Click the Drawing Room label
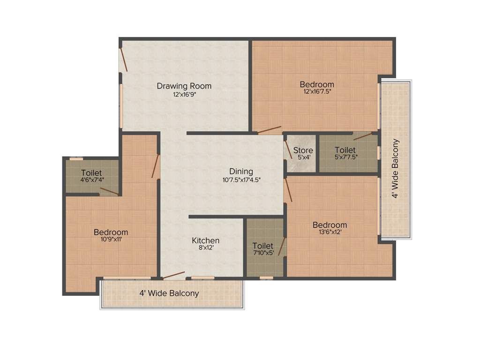click(184, 86)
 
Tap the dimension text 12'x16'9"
click(184, 94)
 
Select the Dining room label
click(241, 171)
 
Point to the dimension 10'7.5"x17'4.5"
click(241, 179)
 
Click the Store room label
click(303, 150)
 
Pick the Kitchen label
click(205, 240)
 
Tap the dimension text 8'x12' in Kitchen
click(205, 248)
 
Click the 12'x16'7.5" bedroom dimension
click(317, 92)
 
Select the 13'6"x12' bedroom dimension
click(330, 232)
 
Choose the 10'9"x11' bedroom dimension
click(111, 239)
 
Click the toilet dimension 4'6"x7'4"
click(91, 180)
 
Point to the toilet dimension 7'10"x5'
click(262, 253)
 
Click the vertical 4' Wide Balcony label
click(396, 168)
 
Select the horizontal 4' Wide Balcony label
click(169, 293)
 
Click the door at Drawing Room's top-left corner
click(123, 60)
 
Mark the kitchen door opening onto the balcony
click(173, 275)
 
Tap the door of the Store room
click(288, 150)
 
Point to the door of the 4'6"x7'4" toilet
click(110, 191)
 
